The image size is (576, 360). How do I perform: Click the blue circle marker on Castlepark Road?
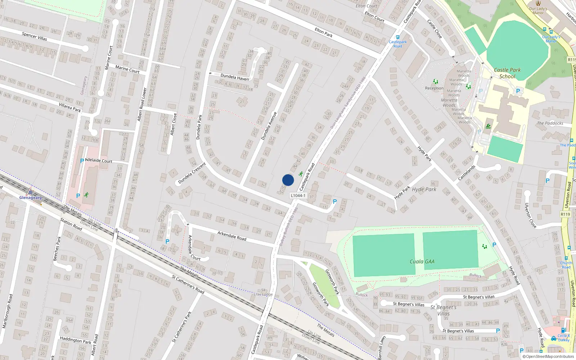288,180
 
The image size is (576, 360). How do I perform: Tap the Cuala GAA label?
422,262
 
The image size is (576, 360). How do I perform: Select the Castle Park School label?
507,73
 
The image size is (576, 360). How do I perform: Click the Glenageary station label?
31,198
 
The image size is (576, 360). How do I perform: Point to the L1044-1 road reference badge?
298,195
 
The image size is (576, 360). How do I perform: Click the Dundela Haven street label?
234,77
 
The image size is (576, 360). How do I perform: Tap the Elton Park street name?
324,32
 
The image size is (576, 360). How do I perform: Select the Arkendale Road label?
232,236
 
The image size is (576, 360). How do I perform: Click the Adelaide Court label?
99,161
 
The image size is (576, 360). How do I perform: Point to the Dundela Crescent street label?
192,173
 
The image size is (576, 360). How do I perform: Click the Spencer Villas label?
35,36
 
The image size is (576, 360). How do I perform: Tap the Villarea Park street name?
70,107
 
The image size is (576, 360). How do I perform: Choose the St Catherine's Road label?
188,284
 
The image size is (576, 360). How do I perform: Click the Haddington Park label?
76,340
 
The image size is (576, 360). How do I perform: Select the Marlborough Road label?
7,311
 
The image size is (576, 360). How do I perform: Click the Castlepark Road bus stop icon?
397,37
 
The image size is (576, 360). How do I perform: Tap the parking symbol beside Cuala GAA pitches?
494,245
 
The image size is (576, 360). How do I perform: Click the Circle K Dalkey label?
563,338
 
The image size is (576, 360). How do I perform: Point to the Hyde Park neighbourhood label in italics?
424,189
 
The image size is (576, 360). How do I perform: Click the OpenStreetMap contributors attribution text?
548,356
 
